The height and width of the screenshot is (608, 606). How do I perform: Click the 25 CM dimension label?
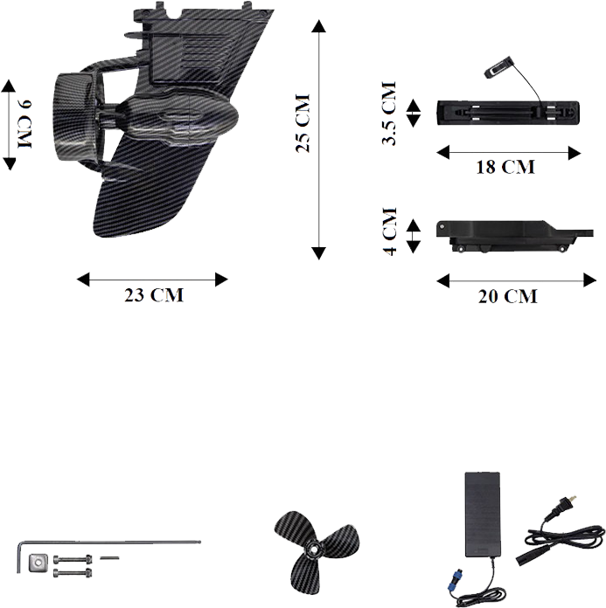point(303,123)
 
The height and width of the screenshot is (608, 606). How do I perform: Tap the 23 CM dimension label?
point(154,295)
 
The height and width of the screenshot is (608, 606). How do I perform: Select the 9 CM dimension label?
point(25,124)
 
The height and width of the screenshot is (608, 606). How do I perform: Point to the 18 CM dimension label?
point(505,167)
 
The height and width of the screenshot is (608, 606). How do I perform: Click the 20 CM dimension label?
point(508,297)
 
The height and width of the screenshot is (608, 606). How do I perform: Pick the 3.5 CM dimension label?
point(389,114)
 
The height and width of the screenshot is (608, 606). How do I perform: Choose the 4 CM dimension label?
point(390,231)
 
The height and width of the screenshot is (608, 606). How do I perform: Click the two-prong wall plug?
point(561,506)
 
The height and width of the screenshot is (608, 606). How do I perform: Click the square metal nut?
point(38,562)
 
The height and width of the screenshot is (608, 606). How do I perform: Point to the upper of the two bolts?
point(73,559)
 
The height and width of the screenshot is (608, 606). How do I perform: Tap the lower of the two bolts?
point(73,572)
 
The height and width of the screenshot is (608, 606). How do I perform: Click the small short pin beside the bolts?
point(109,558)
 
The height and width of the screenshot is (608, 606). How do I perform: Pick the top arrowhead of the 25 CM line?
point(318,26)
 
